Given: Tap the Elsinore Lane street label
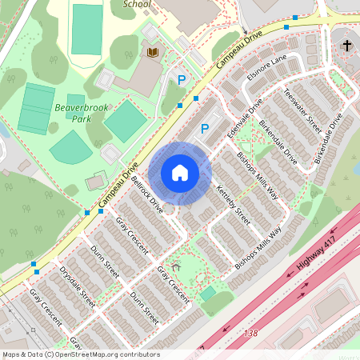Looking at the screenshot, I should (x=267, y=69).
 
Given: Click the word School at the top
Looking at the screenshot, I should (x=137, y=4).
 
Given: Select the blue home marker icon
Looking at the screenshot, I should (x=180, y=173).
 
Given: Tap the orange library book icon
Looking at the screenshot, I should (x=151, y=52).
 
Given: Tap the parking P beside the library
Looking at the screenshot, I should (x=182, y=79).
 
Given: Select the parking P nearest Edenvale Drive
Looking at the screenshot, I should (x=204, y=128).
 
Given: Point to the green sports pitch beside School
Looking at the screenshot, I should (x=86, y=29).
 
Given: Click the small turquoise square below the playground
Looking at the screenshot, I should (x=208, y=294).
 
